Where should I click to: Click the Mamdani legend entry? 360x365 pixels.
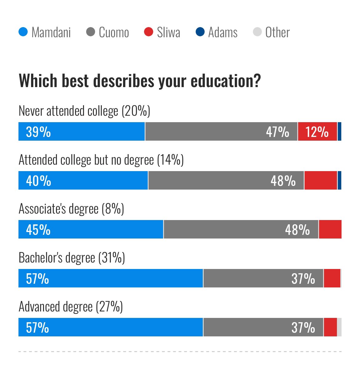(45, 32)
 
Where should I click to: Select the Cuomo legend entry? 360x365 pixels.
(107, 32)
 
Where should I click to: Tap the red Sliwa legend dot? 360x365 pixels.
(149, 32)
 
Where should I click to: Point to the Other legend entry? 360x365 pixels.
(271, 32)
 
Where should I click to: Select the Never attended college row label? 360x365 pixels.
(84, 111)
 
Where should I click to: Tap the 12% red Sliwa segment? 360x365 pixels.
(317, 132)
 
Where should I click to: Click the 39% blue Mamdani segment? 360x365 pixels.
(82, 132)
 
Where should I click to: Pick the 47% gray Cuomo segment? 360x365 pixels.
(221, 132)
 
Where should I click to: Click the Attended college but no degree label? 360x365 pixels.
(101, 160)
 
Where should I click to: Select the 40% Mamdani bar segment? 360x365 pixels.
(83, 180)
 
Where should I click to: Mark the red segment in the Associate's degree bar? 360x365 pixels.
(330, 229)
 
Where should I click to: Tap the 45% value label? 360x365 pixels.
(38, 230)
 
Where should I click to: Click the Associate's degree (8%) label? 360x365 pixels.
(71, 209)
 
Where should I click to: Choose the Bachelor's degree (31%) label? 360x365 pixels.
(72, 258)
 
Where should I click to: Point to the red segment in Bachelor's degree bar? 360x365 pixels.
(332, 278)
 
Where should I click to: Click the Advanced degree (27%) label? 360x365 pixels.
(71, 307)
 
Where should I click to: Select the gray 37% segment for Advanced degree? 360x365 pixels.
(263, 327)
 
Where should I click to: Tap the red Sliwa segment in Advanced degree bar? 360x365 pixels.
(330, 327)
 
